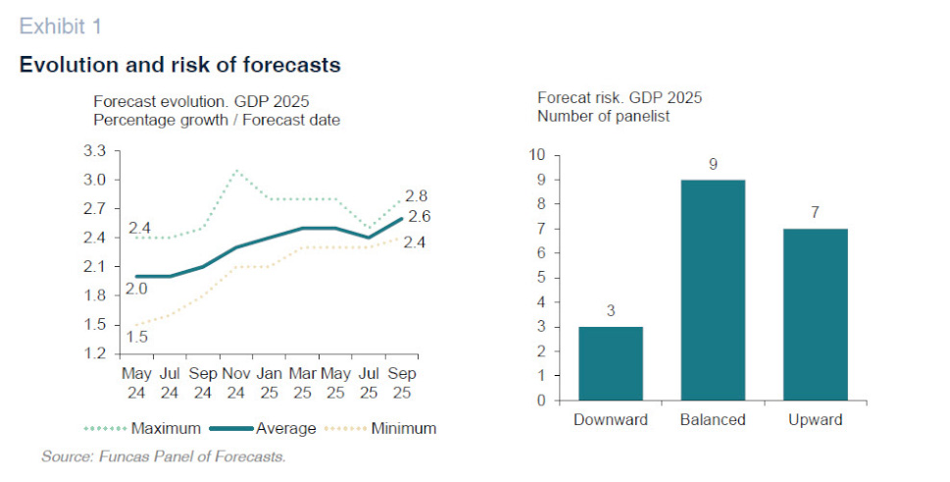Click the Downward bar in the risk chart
point(610,363)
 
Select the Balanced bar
point(713,290)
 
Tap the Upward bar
point(815,314)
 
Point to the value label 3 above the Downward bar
point(610,312)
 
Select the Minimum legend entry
point(403,429)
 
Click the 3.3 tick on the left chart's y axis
point(94,151)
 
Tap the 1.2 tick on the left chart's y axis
point(94,353)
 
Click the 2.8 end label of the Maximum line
point(418,196)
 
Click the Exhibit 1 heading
point(60,25)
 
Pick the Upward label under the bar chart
point(815,420)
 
